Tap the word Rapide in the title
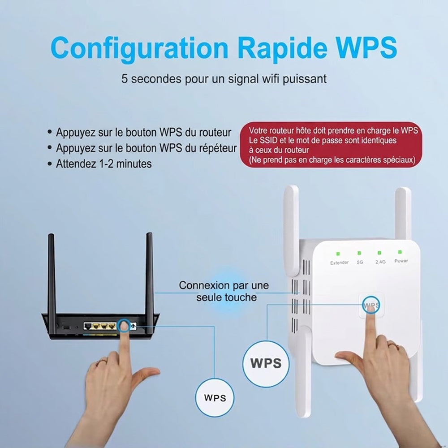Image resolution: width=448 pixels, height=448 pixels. (282, 48)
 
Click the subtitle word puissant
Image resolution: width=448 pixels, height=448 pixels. (305, 79)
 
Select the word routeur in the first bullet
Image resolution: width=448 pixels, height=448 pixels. (215, 133)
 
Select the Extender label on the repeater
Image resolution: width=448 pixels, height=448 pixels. (339, 263)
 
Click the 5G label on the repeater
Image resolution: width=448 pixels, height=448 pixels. (360, 262)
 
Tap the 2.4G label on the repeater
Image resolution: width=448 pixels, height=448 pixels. (380, 262)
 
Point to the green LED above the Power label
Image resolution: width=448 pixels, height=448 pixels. (400, 252)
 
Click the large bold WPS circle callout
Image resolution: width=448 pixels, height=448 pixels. (266, 364)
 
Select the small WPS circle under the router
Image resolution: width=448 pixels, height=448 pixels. (215, 397)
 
